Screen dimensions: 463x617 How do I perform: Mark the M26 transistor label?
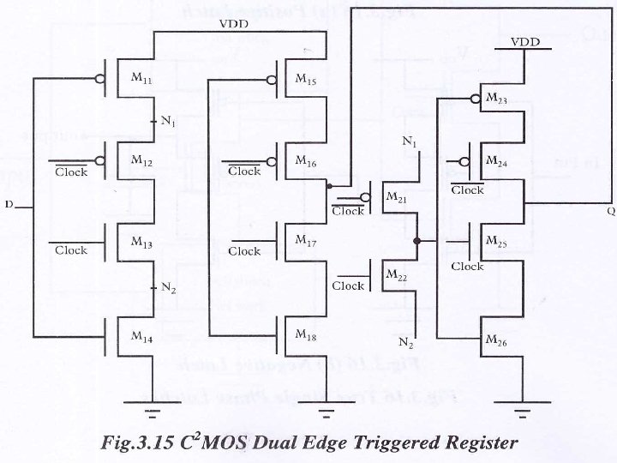click(x=496, y=340)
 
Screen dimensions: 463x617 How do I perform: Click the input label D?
click(x=9, y=205)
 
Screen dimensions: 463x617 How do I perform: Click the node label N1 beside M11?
click(x=168, y=122)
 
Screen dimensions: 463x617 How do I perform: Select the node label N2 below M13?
click(x=168, y=288)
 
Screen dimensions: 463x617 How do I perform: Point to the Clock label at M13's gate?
click(x=71, y=250)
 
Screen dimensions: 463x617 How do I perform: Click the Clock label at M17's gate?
click(x=244, y=251)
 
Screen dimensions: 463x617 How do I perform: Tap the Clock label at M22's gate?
click(x=349, y=286)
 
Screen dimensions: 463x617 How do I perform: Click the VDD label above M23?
click(x=525, y=41)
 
